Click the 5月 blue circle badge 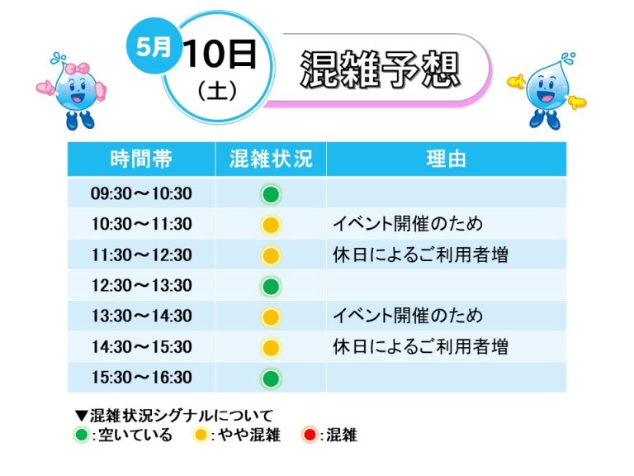(154, 46)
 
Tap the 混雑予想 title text (380, 69)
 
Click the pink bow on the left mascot (78, 69)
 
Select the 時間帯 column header (141, 159)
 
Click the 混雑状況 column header (271, 159)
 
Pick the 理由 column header (446, 159)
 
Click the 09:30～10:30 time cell (141, 193)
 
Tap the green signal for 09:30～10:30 (271, 194)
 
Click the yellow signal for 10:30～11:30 (271, 225)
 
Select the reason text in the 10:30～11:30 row (408, 224)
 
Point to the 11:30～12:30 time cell (141, 255)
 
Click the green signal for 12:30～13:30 (271, 286)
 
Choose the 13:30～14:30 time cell (141, 317)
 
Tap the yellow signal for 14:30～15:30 (271, 348)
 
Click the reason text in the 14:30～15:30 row (420, 347)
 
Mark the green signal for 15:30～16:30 (271, 378)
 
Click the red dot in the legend (310, 436)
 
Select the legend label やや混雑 (249, 436)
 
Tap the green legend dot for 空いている (82, 436)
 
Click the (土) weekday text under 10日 (217, 91)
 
